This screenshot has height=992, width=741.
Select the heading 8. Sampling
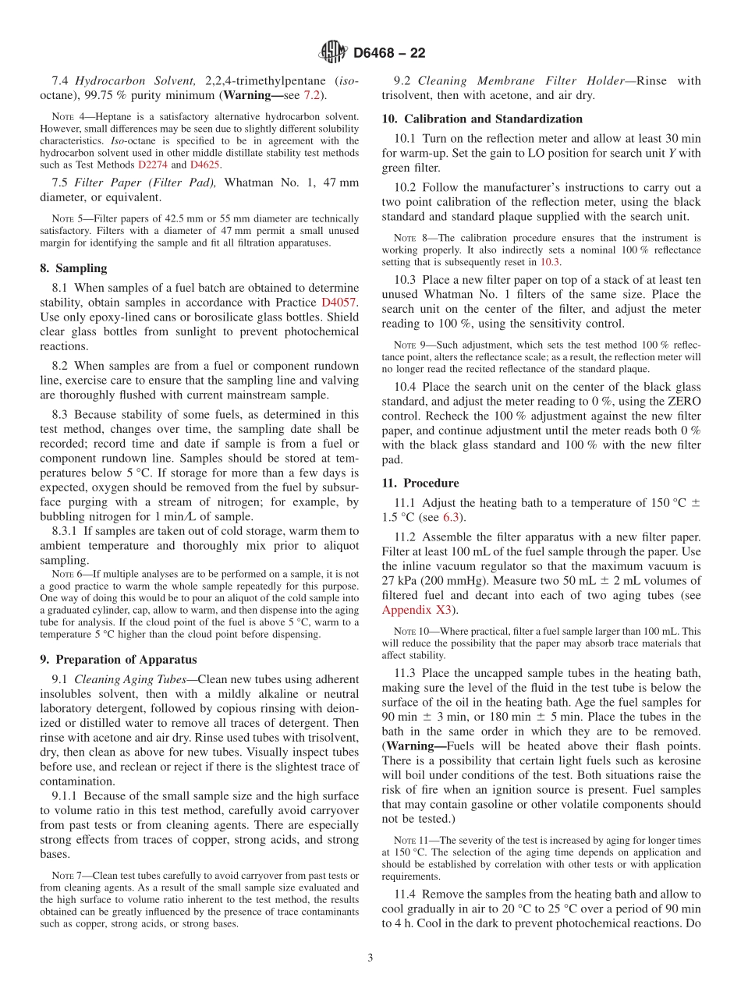pyautogui.click(x=73, y=268)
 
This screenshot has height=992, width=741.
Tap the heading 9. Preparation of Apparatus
pyautogui.click(x=119, y=659)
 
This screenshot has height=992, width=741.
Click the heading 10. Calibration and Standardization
pyautogui.click(x=481, y=119)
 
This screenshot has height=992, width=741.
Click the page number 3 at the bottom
pyautogui.click(x=370, y=958)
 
